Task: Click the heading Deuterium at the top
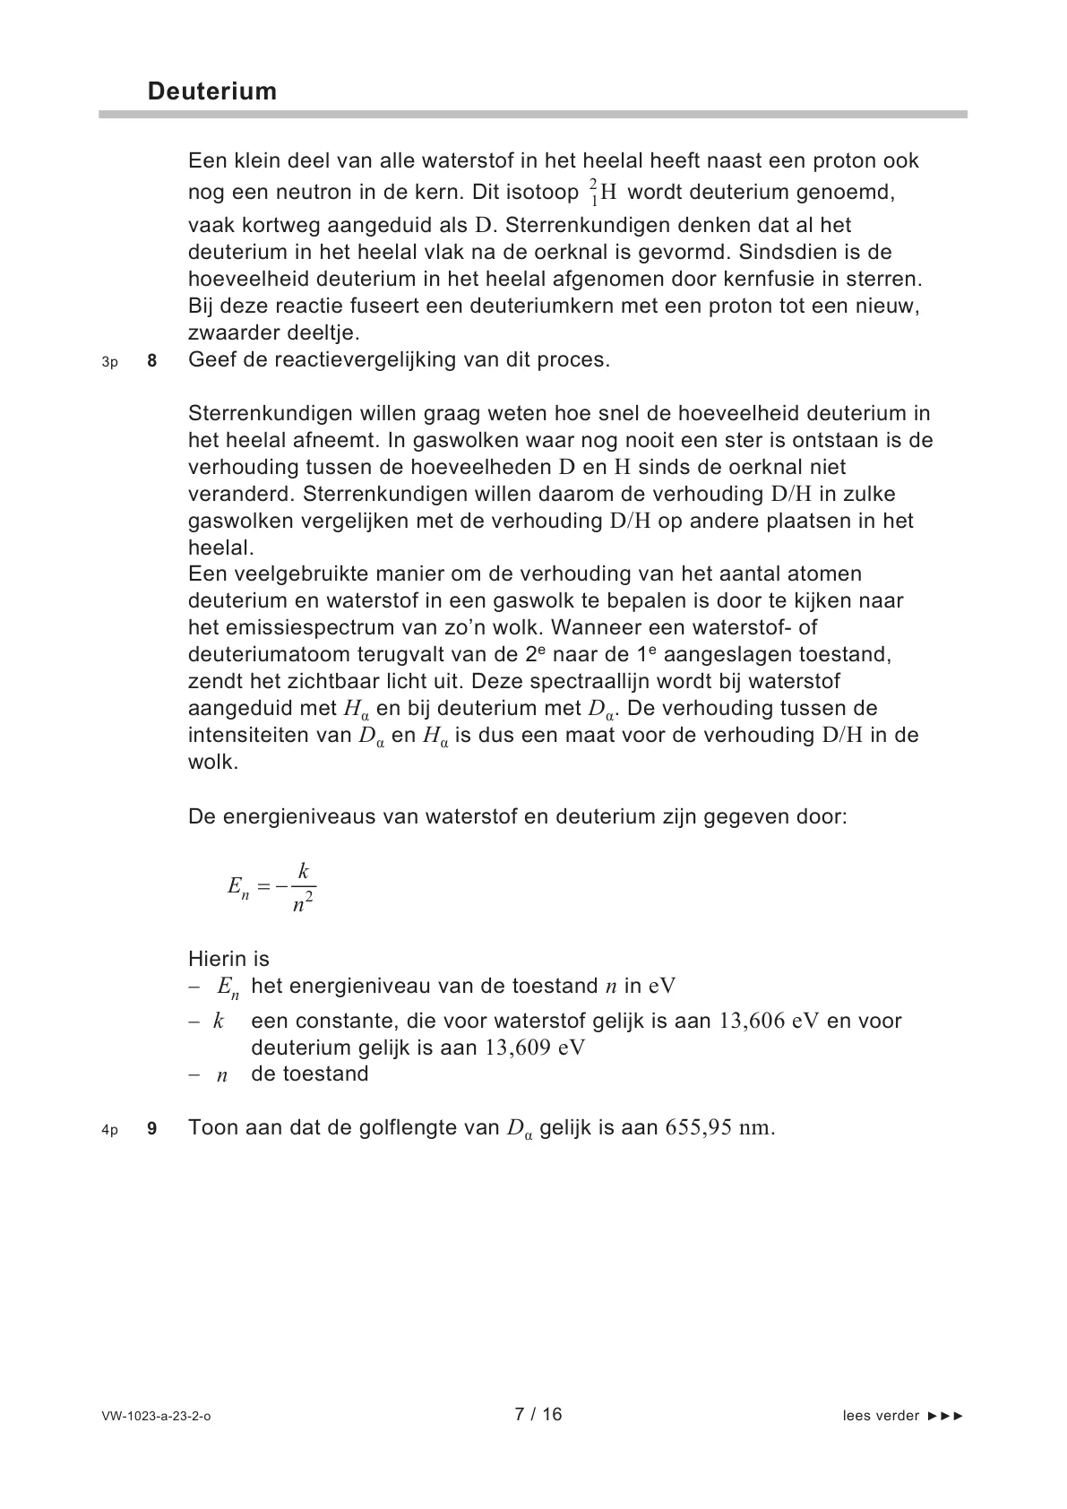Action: [x=212, y=91]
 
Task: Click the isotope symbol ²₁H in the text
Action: [x=603, y=191]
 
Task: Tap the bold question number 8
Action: [x=151, y=361]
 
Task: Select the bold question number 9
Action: [x=151, y=1129]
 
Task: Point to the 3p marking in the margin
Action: [x=109, y=362]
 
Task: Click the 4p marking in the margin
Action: [x=109, y=1130]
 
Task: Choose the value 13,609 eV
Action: [x=534, y=1048]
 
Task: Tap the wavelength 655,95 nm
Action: [x=719, y=1128]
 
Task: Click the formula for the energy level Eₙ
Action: [x=271, y=888]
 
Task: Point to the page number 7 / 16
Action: [x=538, y=1414]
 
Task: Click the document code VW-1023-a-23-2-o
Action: [x=157, y=1417]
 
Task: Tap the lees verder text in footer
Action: [x=881, y=1416]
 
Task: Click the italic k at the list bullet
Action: [x=219, y=1022]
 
